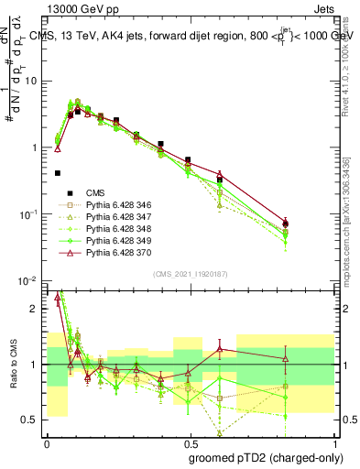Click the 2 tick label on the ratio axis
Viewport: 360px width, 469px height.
35,309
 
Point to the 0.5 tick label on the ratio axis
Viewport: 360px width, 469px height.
31,420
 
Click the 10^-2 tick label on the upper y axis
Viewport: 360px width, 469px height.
28,280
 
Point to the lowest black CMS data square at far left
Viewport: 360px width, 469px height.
58,172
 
